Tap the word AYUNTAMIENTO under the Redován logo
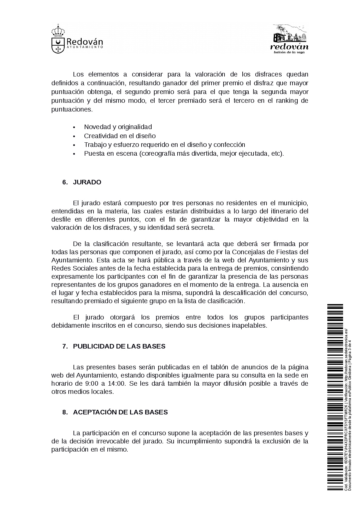click(x=84, y=48)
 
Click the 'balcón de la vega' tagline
click(x=289, y=52)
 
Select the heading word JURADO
click(x=87, y=182)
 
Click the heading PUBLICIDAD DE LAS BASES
click(x=119, y=346)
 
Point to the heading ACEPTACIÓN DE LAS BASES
click(x=120, y=412)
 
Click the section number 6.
click(x=65, y=182)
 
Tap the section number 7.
click(x=65, y=346)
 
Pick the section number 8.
click(x=65, y=412)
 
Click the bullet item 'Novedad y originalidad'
click(x=118, y=127)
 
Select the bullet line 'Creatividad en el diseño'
click(x=120, y=136)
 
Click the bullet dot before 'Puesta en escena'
click(x=74, y=154)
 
